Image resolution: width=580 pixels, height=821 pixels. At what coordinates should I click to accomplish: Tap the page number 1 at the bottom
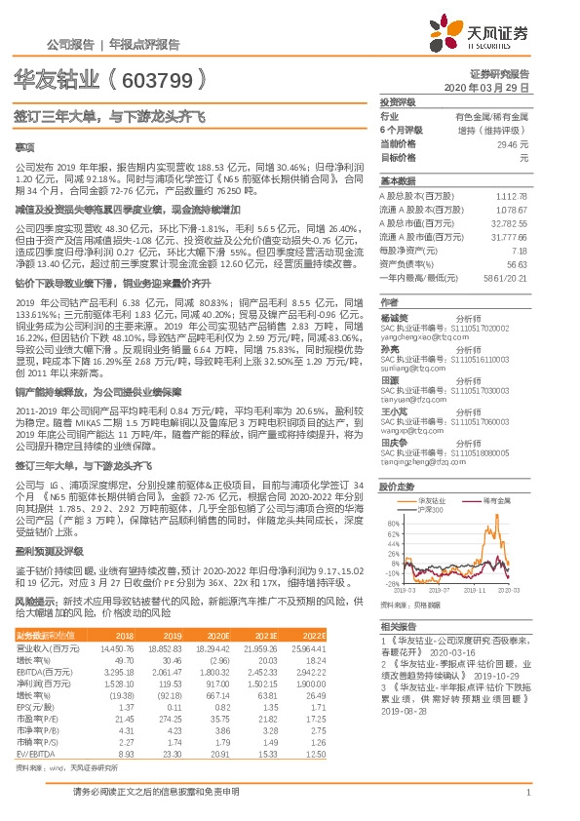coord(526,792)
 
